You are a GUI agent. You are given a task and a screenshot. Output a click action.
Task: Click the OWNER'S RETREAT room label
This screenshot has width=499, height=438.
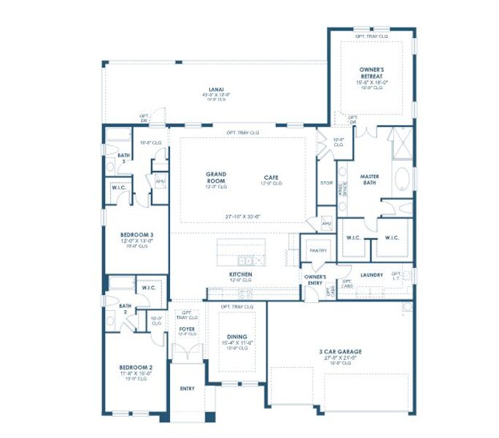point(372,72)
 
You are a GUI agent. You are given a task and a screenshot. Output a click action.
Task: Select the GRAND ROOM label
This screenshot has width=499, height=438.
point(216,177)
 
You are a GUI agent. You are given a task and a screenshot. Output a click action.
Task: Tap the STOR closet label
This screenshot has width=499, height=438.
point(326,182)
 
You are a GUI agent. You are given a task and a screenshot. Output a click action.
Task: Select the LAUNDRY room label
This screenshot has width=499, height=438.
point(371,274)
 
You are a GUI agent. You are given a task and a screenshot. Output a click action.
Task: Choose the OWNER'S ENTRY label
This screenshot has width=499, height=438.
point(315,280)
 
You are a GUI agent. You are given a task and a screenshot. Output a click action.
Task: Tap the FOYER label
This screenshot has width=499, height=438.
point(187,329)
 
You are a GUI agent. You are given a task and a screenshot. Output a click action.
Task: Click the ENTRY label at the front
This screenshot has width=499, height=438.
point(187,388)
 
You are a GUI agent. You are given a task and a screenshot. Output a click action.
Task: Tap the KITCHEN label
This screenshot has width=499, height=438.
point(241,274)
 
